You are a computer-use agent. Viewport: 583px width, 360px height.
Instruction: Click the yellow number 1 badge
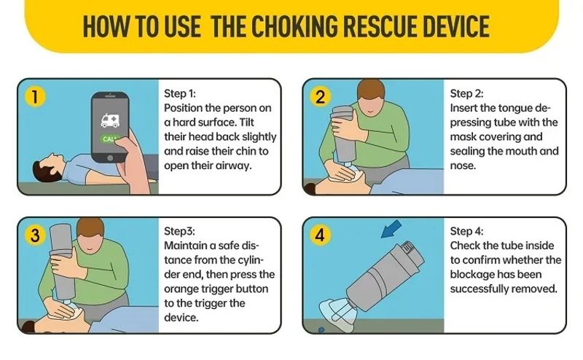35,96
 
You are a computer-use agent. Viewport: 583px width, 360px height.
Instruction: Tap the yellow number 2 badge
320,97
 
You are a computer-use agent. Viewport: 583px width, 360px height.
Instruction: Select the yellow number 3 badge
35,235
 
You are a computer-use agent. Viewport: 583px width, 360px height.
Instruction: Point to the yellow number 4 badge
320,235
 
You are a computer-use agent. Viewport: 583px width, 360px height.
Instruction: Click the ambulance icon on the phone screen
110,120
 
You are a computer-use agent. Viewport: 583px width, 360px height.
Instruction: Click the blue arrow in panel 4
391,229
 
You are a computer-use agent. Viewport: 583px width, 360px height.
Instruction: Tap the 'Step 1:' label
180,93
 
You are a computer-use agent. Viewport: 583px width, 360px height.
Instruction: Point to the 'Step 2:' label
466,93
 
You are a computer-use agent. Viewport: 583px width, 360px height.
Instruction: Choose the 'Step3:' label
179,231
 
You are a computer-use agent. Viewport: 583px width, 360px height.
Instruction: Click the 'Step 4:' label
466,231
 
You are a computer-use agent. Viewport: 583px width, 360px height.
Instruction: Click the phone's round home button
110,158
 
